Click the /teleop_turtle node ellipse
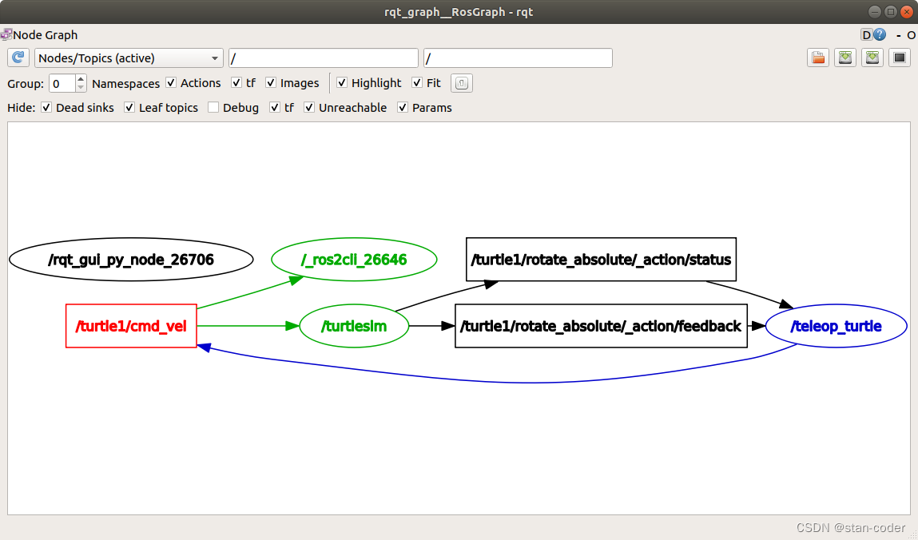tap(836, 326)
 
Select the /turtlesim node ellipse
tap(354, 326)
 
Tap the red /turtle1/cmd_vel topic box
tap(131, 326)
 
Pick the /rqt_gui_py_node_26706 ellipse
tap(131, 260)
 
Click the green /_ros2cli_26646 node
tap(354, 260)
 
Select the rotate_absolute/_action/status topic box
tap(601, 260)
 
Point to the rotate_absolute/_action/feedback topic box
tap(601, 326)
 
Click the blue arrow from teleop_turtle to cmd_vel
tap(511, 381)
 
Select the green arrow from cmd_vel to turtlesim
tap(248, 326)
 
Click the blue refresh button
tap(18, 58)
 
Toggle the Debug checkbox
tap(213, 108)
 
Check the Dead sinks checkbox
tap(46, 108)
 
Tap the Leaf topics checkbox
tap(129, 108)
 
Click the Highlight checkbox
tap(342, 83)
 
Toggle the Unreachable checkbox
tap(309, 108)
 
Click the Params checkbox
tap(403, 108)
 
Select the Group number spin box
tap(62, 83)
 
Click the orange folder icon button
tap(817, 58)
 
